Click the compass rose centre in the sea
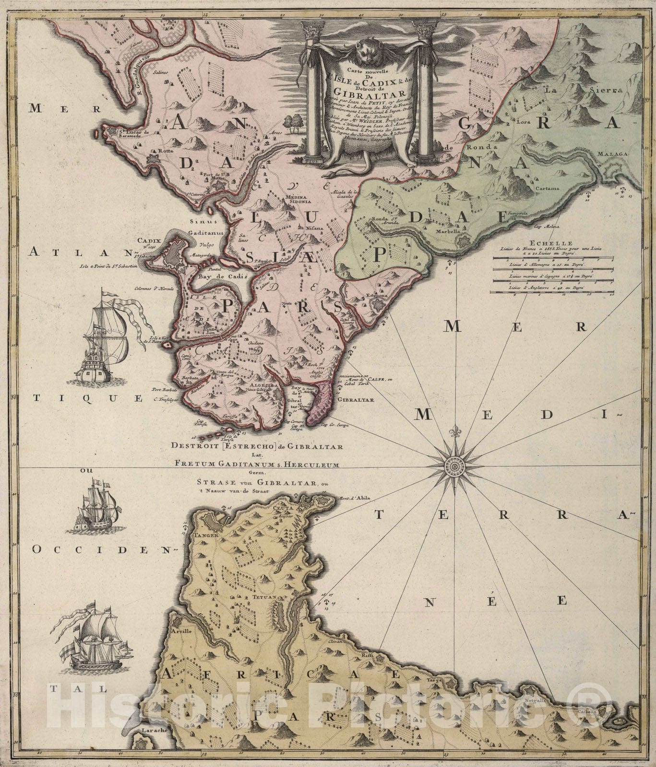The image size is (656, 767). pos(453,465)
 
